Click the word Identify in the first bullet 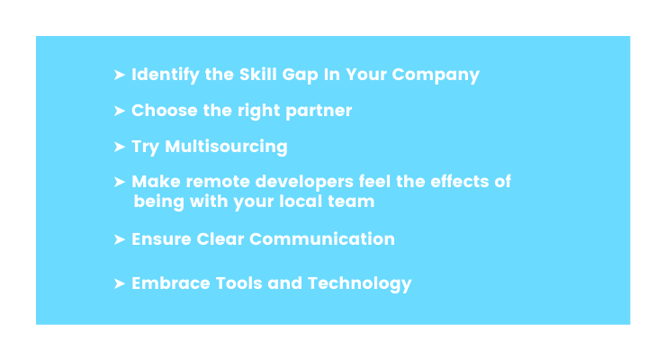166,75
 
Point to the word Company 436,75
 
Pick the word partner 319,112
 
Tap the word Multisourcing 226,147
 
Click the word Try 145,147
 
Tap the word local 301,202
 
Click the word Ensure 161,239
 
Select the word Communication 322,239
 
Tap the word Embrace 171,283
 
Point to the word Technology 359,284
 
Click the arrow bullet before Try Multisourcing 120,147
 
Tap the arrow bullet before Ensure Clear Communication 120,239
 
